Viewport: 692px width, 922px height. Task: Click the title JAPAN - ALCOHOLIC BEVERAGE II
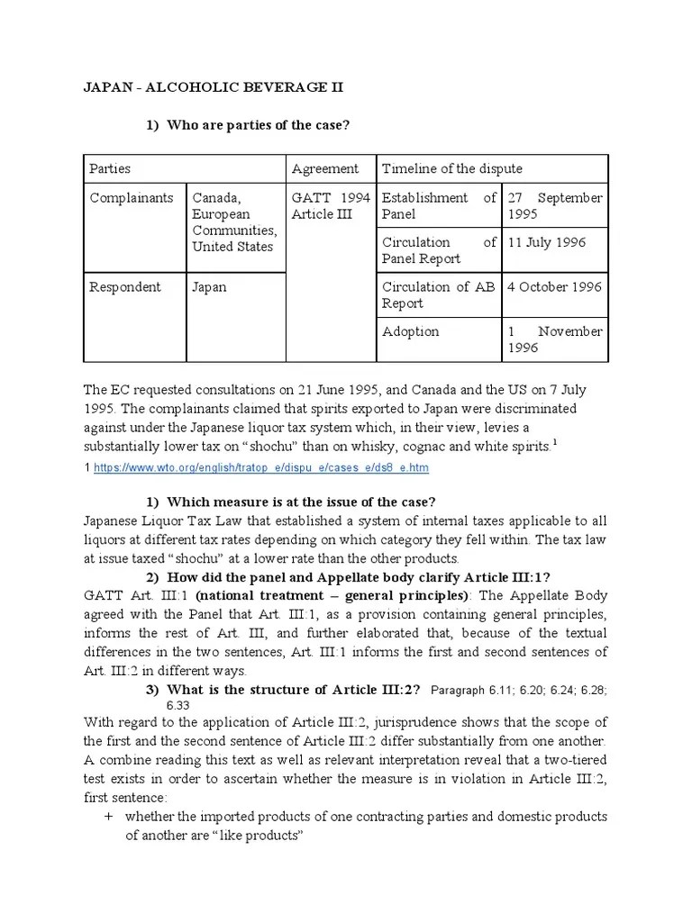click(x=214, y=87)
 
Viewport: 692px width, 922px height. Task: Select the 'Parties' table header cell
click(x=110, y=168)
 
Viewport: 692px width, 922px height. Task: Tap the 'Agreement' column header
click(x=324, y=168)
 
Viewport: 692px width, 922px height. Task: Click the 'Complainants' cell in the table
click(x=132, y=198)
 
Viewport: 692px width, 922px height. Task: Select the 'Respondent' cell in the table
click(x=125, y=286)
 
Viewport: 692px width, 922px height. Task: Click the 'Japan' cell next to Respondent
click(x=209, y=286)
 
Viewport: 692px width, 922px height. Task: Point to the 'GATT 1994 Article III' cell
click(x=329, y=206)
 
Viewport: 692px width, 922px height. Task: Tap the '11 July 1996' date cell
click(x=548, y=242)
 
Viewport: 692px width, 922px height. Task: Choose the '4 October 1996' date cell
click(x=554, y=286)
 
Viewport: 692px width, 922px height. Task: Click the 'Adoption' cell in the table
click(x=411, y=331)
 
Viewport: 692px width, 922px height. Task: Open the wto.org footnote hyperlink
click(x=261, y=467)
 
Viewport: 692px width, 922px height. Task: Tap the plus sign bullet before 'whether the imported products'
click(x=108, y=817)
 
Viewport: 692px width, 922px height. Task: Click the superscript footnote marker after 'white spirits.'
click(x=553, y=442)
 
